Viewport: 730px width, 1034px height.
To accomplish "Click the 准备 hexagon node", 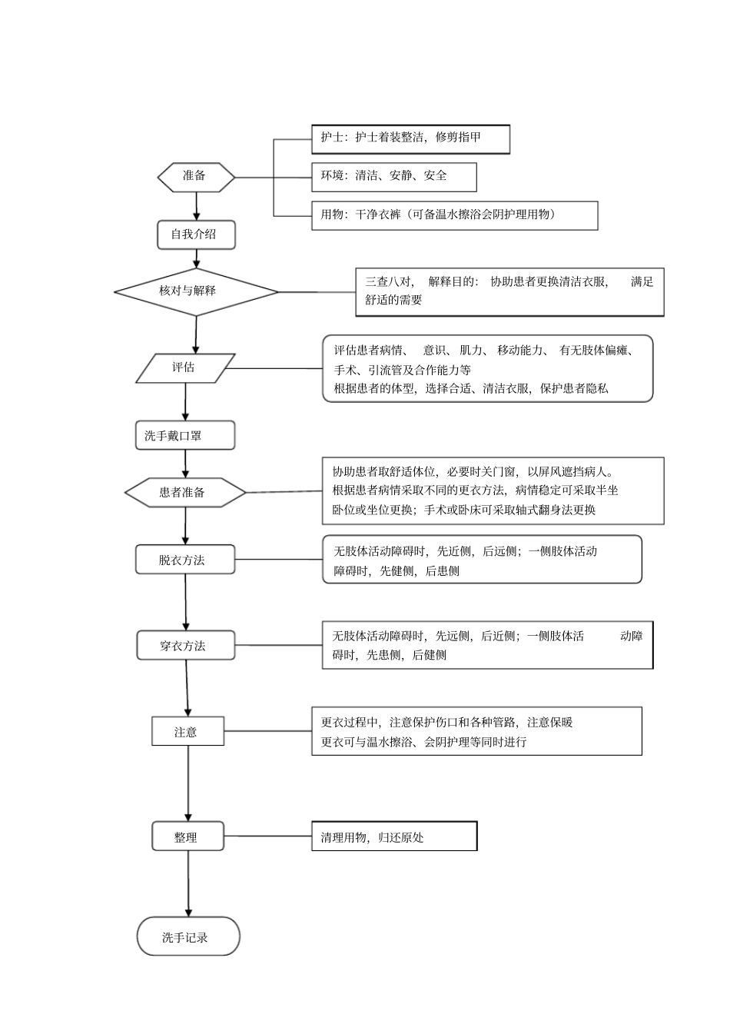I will tap(196, 177).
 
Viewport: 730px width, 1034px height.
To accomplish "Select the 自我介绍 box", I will tap(196, 234).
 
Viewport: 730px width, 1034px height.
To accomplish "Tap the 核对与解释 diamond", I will tap(196, 291).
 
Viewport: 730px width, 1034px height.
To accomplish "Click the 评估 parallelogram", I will tap(185, 368).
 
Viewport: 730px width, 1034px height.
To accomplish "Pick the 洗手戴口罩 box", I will tap(184, 436).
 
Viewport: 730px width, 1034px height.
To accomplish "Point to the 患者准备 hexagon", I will tap(185, 492).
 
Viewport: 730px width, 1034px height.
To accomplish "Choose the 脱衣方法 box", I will tap(185, 560).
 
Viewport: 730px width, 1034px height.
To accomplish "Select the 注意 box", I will tap(187, 732).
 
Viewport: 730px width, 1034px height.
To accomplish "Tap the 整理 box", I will tap(187, 837).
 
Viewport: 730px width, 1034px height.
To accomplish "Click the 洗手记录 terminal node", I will tap(188, 936).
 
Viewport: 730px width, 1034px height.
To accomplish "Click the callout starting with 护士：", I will tap(410, 139).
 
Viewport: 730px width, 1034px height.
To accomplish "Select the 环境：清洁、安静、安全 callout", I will tap(393, 177).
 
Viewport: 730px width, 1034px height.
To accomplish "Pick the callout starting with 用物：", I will tap(454, 215).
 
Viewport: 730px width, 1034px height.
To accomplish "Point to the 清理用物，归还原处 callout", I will tap(394, 836).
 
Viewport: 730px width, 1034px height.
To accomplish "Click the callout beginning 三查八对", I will tap(509, 291).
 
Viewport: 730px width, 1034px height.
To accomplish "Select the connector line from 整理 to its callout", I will tap(267, 836).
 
